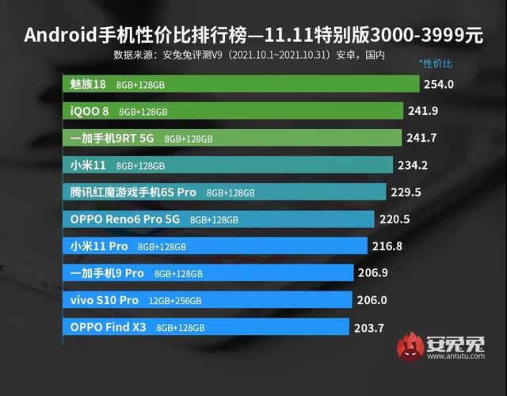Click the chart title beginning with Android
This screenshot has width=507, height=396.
pos(253,36)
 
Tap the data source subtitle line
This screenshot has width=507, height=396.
pos(238,55)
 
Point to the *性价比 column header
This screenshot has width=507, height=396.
pos(436,63)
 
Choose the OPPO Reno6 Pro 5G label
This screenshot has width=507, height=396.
pos(126,219)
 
